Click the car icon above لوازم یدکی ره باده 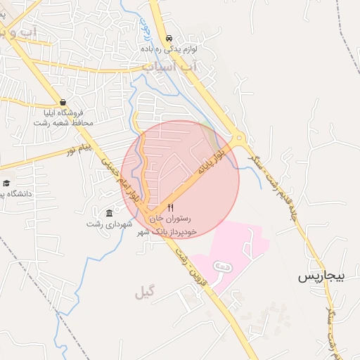click(x=168, y=39)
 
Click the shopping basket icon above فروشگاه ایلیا click(x=63, y=102)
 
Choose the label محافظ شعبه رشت click(x=63, y=123)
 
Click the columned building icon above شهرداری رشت click(x=109, y=213)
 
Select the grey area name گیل click(x=143, y=292)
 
